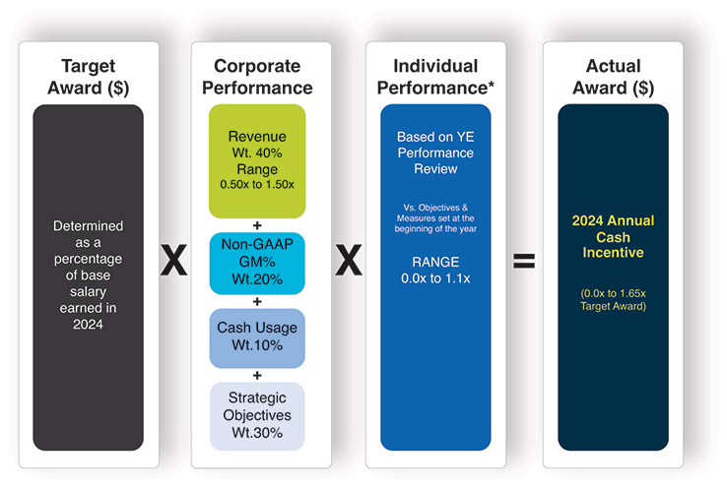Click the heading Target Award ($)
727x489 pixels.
88,77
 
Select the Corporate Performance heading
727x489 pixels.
257,77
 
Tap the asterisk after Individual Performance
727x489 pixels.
491,85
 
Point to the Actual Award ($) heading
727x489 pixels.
614,77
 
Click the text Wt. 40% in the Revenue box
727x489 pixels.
257,153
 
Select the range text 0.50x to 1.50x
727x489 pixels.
257,184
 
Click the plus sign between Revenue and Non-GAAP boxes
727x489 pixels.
257,225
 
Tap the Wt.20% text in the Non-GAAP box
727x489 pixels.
257,279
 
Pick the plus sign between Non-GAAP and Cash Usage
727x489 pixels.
257,301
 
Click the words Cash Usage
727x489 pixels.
257,328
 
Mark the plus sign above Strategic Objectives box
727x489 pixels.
257,375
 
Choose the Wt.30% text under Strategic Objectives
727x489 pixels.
257,433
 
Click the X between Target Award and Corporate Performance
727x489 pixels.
173,260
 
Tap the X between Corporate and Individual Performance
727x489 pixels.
349,260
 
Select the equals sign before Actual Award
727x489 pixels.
524,261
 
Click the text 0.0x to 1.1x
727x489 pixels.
435,278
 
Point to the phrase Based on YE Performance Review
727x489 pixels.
435,153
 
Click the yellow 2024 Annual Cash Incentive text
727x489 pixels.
613,236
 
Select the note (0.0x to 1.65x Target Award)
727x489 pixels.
613,300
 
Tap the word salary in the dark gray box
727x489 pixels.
88,292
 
